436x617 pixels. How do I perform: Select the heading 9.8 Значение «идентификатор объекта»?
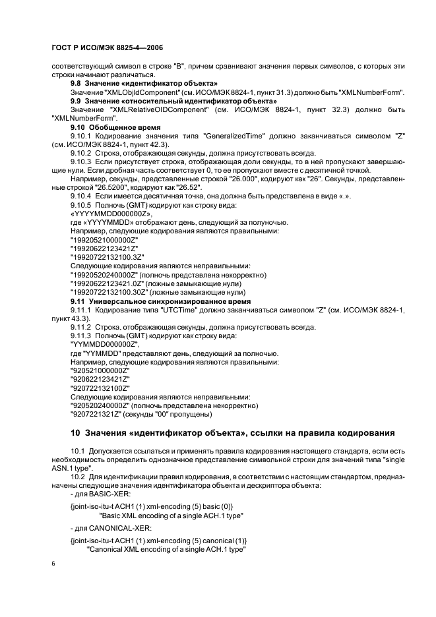point(144,84)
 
